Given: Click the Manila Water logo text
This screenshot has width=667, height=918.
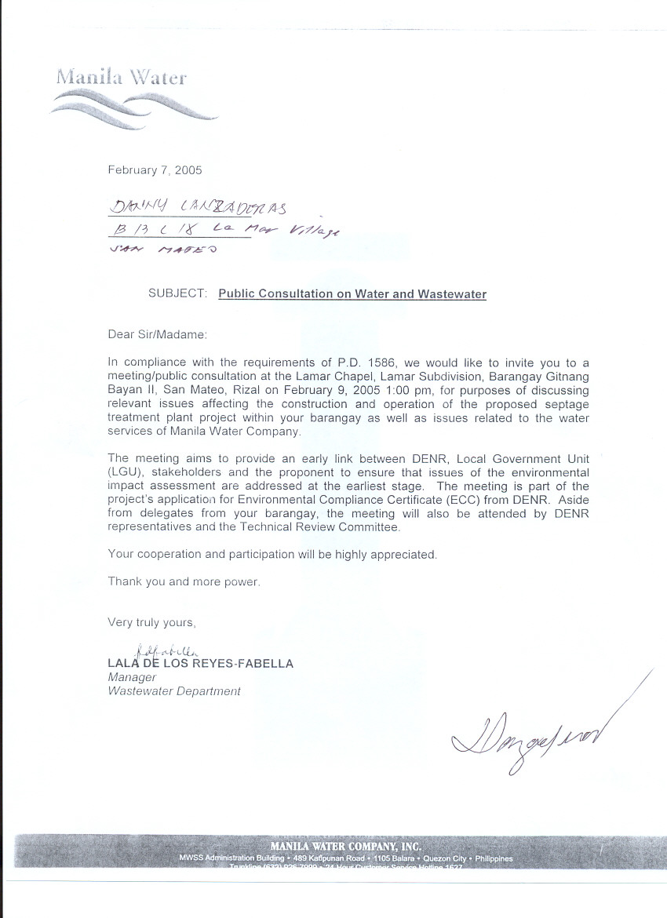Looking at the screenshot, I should [122, 78].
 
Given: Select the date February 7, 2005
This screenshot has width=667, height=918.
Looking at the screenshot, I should [155, 169].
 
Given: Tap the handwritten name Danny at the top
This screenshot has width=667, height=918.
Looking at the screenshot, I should [135, 208].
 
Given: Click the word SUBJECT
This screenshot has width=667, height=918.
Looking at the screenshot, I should [177, 294].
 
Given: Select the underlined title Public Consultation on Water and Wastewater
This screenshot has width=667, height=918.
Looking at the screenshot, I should [352, 294].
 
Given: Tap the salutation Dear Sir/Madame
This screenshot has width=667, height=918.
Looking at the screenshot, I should [157, 334].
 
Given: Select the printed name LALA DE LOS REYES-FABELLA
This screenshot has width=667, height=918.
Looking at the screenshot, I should [201, 664].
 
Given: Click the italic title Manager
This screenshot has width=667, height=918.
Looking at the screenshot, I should [132, 678].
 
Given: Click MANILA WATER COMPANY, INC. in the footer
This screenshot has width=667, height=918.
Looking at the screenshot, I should [345, 847].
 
